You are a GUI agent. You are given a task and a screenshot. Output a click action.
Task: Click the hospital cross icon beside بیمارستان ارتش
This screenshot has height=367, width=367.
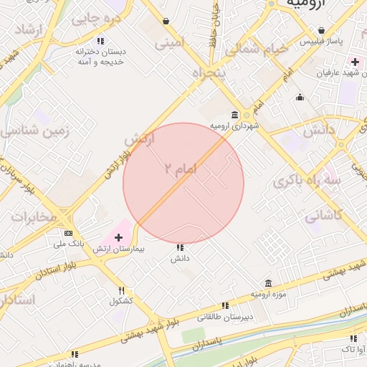click(118, 237)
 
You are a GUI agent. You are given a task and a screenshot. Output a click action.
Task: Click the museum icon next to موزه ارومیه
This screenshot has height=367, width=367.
click(268, 283)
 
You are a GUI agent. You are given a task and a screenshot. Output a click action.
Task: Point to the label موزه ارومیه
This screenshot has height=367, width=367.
click(268, 295)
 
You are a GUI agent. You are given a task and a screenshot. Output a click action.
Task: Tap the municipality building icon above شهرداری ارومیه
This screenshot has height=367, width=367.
click(235, 115)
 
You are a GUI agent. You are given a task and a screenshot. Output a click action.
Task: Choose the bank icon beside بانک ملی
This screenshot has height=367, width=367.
click(68, 233)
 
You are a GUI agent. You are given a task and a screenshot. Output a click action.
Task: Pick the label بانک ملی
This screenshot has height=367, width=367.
click(72, 244)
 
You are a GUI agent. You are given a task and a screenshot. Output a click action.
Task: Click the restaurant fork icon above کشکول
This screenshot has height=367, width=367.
click(122, 290)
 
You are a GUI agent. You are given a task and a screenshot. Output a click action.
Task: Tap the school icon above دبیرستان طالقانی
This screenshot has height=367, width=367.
click(225, 305)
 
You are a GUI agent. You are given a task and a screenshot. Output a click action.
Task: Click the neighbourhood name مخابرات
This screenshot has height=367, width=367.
click(34, 216)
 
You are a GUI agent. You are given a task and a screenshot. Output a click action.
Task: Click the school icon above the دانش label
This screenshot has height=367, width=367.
click(179, 247)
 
